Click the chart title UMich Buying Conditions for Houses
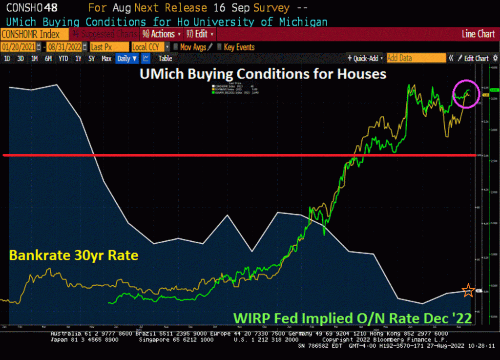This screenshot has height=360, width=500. pos(263,74)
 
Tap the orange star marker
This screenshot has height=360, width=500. pos(468,291)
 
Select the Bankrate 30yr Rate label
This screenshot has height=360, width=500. pos(74,255)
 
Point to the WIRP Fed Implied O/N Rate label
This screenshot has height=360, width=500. pos(353,318)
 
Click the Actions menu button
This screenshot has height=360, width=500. pos(162,34)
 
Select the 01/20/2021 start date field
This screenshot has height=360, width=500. pos(20,47)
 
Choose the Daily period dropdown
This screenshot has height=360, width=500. pos(127,58)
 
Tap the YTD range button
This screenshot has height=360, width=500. pos(63,58)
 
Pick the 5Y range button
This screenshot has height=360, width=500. pos(91,58)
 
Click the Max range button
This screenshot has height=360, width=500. pos(106,58)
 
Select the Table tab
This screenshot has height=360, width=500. pos(165,58)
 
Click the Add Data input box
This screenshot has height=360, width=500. pos(416,58)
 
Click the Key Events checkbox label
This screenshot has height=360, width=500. pos(239,47)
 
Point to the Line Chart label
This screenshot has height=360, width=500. pos(478,34)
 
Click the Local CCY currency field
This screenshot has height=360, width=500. pos(147,47)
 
